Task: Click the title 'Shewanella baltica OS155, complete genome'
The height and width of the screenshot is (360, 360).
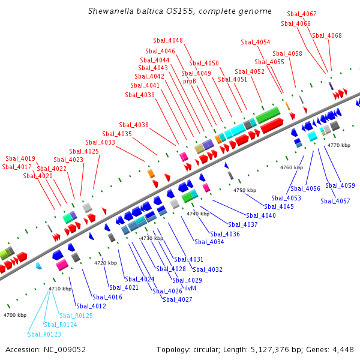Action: coord(179,11)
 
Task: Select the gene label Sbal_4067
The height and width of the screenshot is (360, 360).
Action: coord(302,14)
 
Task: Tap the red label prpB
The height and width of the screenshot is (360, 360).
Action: coord(190,81)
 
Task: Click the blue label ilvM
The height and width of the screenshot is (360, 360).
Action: coord(190,288)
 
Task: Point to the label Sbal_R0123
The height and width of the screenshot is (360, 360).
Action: coord(44,334)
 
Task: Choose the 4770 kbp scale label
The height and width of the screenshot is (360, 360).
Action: coord(338,145)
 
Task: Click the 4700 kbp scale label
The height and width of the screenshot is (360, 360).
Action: coord(15,315)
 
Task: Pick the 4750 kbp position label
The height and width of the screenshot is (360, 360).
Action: coord(245,190)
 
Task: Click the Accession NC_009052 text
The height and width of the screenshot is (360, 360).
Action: coord(46,350)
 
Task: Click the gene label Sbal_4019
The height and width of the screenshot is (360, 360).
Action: coord(20,158)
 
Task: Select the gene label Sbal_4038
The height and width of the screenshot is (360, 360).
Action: coord(134,125)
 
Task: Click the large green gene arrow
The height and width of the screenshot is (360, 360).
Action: coord(268,115)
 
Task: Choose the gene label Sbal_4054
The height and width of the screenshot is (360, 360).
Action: coord(256,43)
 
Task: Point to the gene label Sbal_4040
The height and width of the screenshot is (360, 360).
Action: coord(261,215)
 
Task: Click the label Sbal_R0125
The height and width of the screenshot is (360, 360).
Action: coord(76,316)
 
